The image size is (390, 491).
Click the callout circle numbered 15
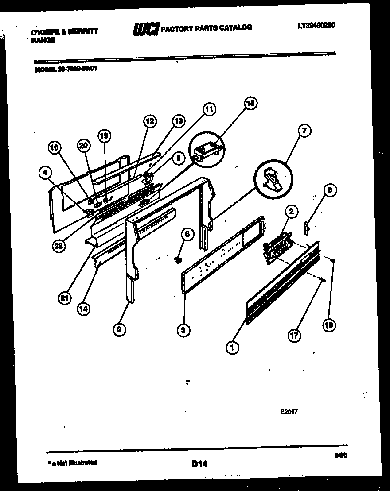[250, 103]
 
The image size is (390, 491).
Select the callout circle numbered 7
[304, 131]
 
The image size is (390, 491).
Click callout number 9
[119, 329]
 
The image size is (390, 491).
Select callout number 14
[82, 309]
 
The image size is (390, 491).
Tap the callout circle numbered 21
[65, 298]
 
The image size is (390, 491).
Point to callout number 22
[58, 247]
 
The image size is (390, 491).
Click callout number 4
[44, 174]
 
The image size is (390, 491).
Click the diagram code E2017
[289, 411]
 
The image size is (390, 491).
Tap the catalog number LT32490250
[316, 26]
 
